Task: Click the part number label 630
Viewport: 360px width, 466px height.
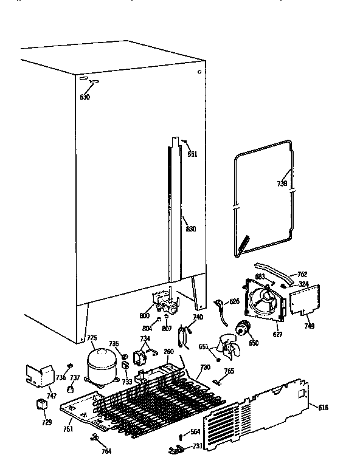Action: (85, 97)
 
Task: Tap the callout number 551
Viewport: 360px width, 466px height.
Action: (192, 154)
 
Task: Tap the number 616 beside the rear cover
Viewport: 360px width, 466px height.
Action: (322, 406)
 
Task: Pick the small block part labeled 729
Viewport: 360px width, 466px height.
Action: (41, 405)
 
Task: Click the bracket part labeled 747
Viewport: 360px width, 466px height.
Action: (40, 377)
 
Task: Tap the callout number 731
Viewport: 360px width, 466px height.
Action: (198, 446)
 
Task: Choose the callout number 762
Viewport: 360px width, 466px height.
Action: (302, 274)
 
